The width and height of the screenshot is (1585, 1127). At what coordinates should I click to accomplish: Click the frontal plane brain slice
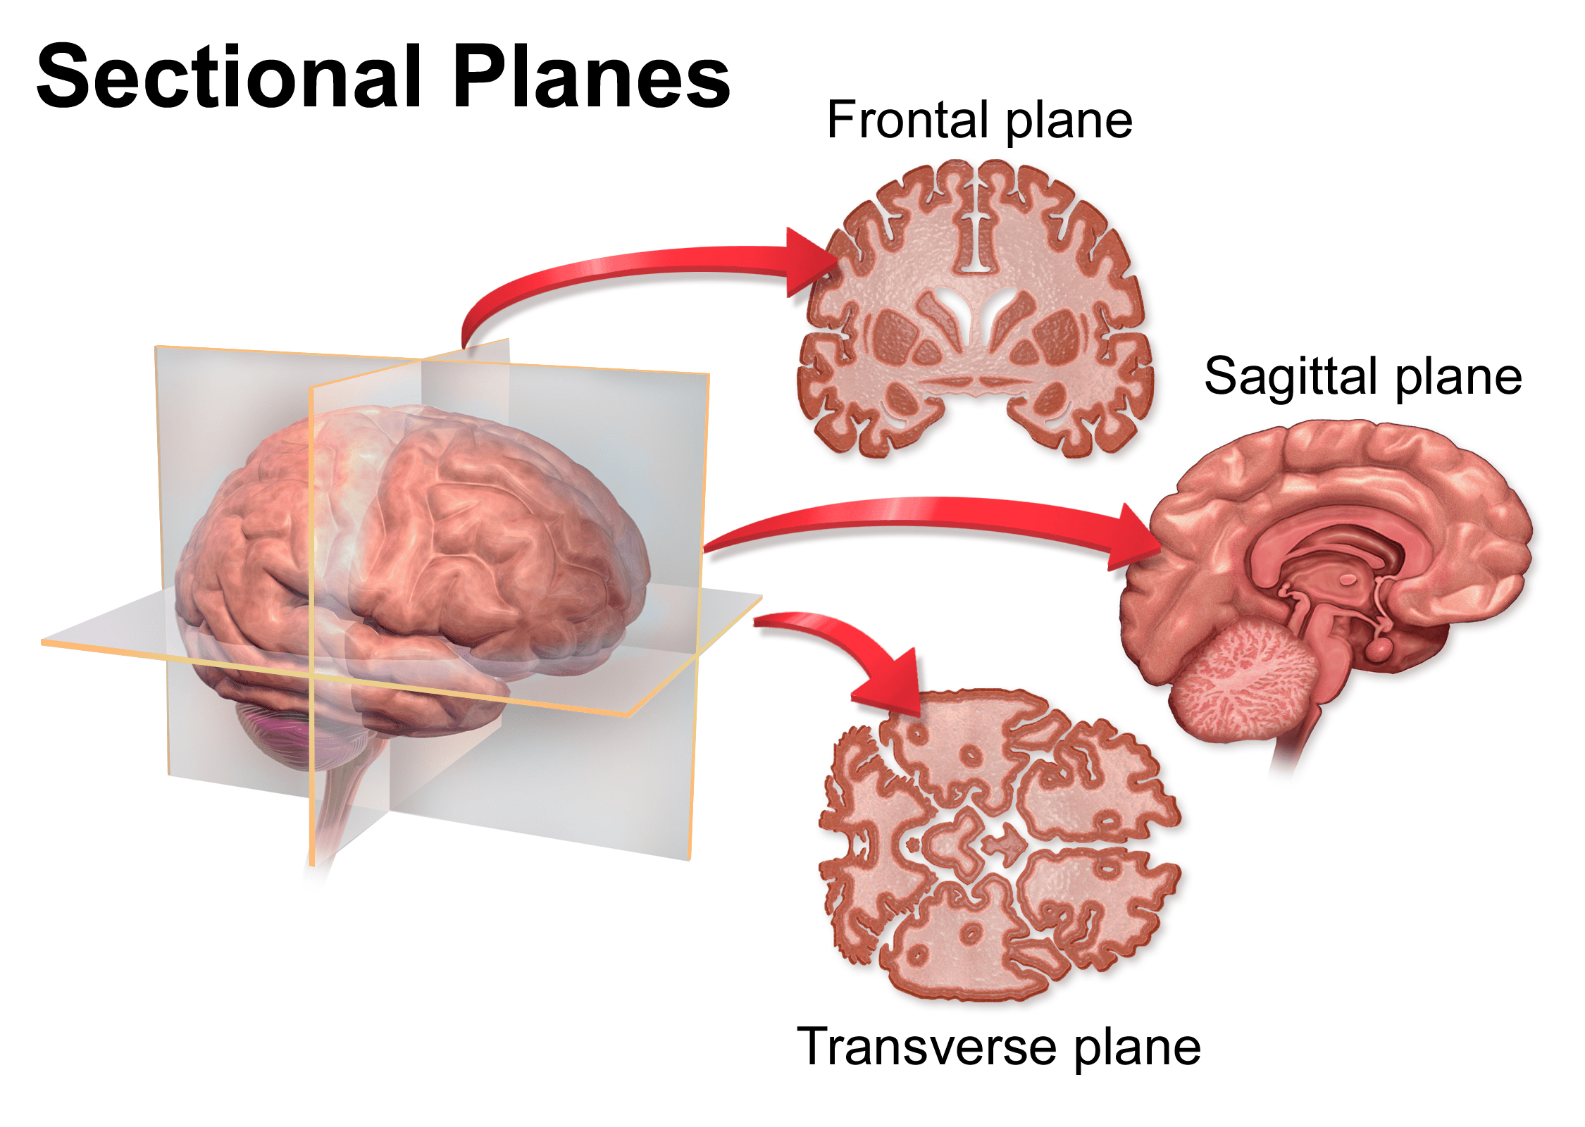976,310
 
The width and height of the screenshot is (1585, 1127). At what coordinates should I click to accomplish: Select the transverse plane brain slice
1000,845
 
